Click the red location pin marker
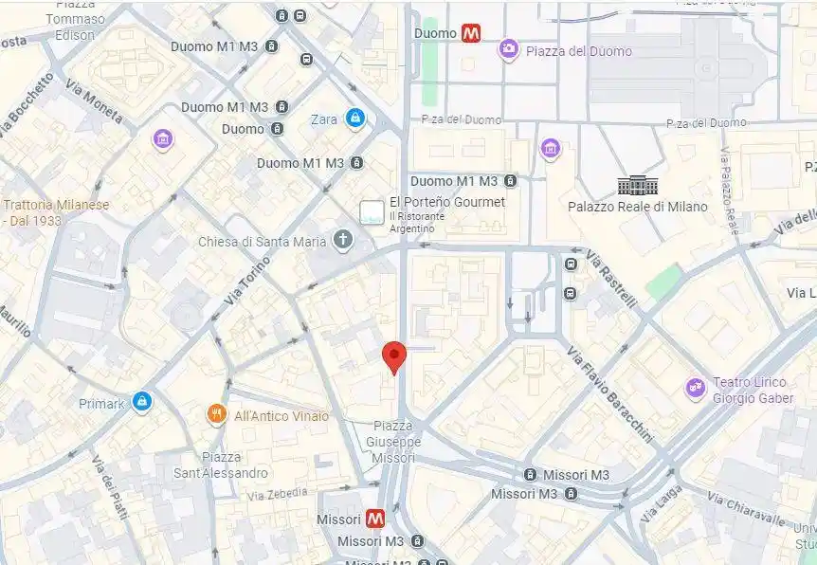coord(394,357)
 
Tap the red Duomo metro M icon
coord(471,33)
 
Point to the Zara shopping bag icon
coord(354,118)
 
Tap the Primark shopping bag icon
coord(142,403)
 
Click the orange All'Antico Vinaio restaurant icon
coord(217,415)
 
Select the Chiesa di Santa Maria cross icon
coord(343,241)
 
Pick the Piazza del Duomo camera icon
coord(509,49)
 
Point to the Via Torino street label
coord(247,282)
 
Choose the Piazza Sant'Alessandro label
coord(220,465)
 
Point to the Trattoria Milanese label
coord(57,212)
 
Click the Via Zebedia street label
coord(277,494)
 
